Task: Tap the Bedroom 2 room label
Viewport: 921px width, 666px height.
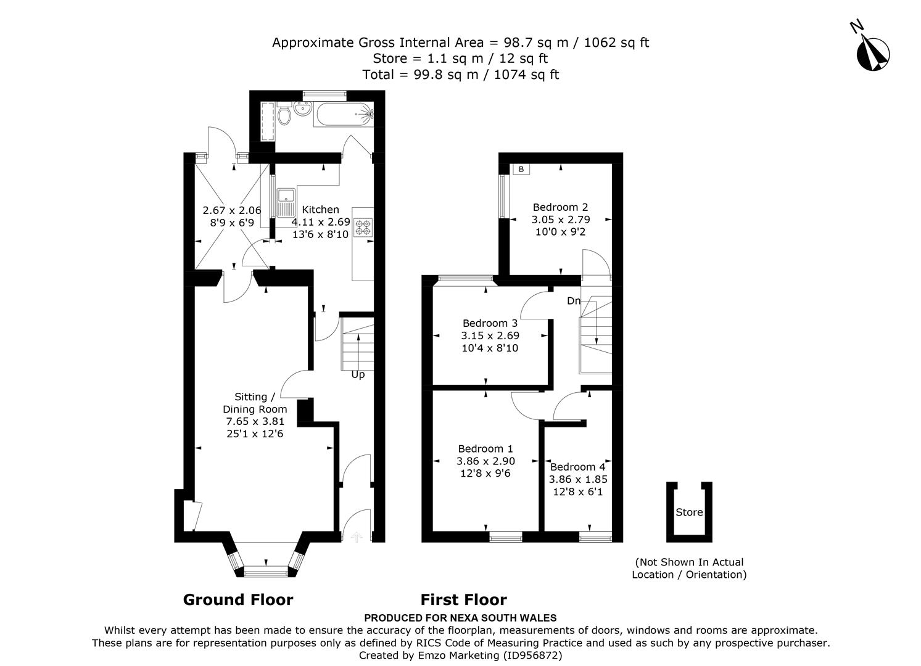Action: tap(556, 207)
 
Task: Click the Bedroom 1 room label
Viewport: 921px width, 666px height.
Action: tap(485, 449)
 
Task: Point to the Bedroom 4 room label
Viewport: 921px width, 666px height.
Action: tap(577, 467)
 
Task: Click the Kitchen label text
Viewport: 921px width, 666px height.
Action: tap(320, 210)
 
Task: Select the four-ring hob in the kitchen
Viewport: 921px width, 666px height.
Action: tap(362, 228)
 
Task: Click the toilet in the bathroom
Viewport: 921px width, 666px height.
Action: tap(284, 115)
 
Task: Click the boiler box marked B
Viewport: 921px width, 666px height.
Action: tap(521, 169)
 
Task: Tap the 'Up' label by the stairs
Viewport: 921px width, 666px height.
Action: tap(358, 374)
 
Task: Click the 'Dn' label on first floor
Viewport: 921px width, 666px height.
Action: tap(574, 301)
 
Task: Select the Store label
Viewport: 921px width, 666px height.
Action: tap(689, 512)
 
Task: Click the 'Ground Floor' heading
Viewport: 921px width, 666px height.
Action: tap(238, 599)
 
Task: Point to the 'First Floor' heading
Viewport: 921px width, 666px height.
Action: tap(463, 599)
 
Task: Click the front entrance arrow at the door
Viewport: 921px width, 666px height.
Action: tap(355, 538)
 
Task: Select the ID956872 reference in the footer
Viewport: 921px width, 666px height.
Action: tap(532, 655)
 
